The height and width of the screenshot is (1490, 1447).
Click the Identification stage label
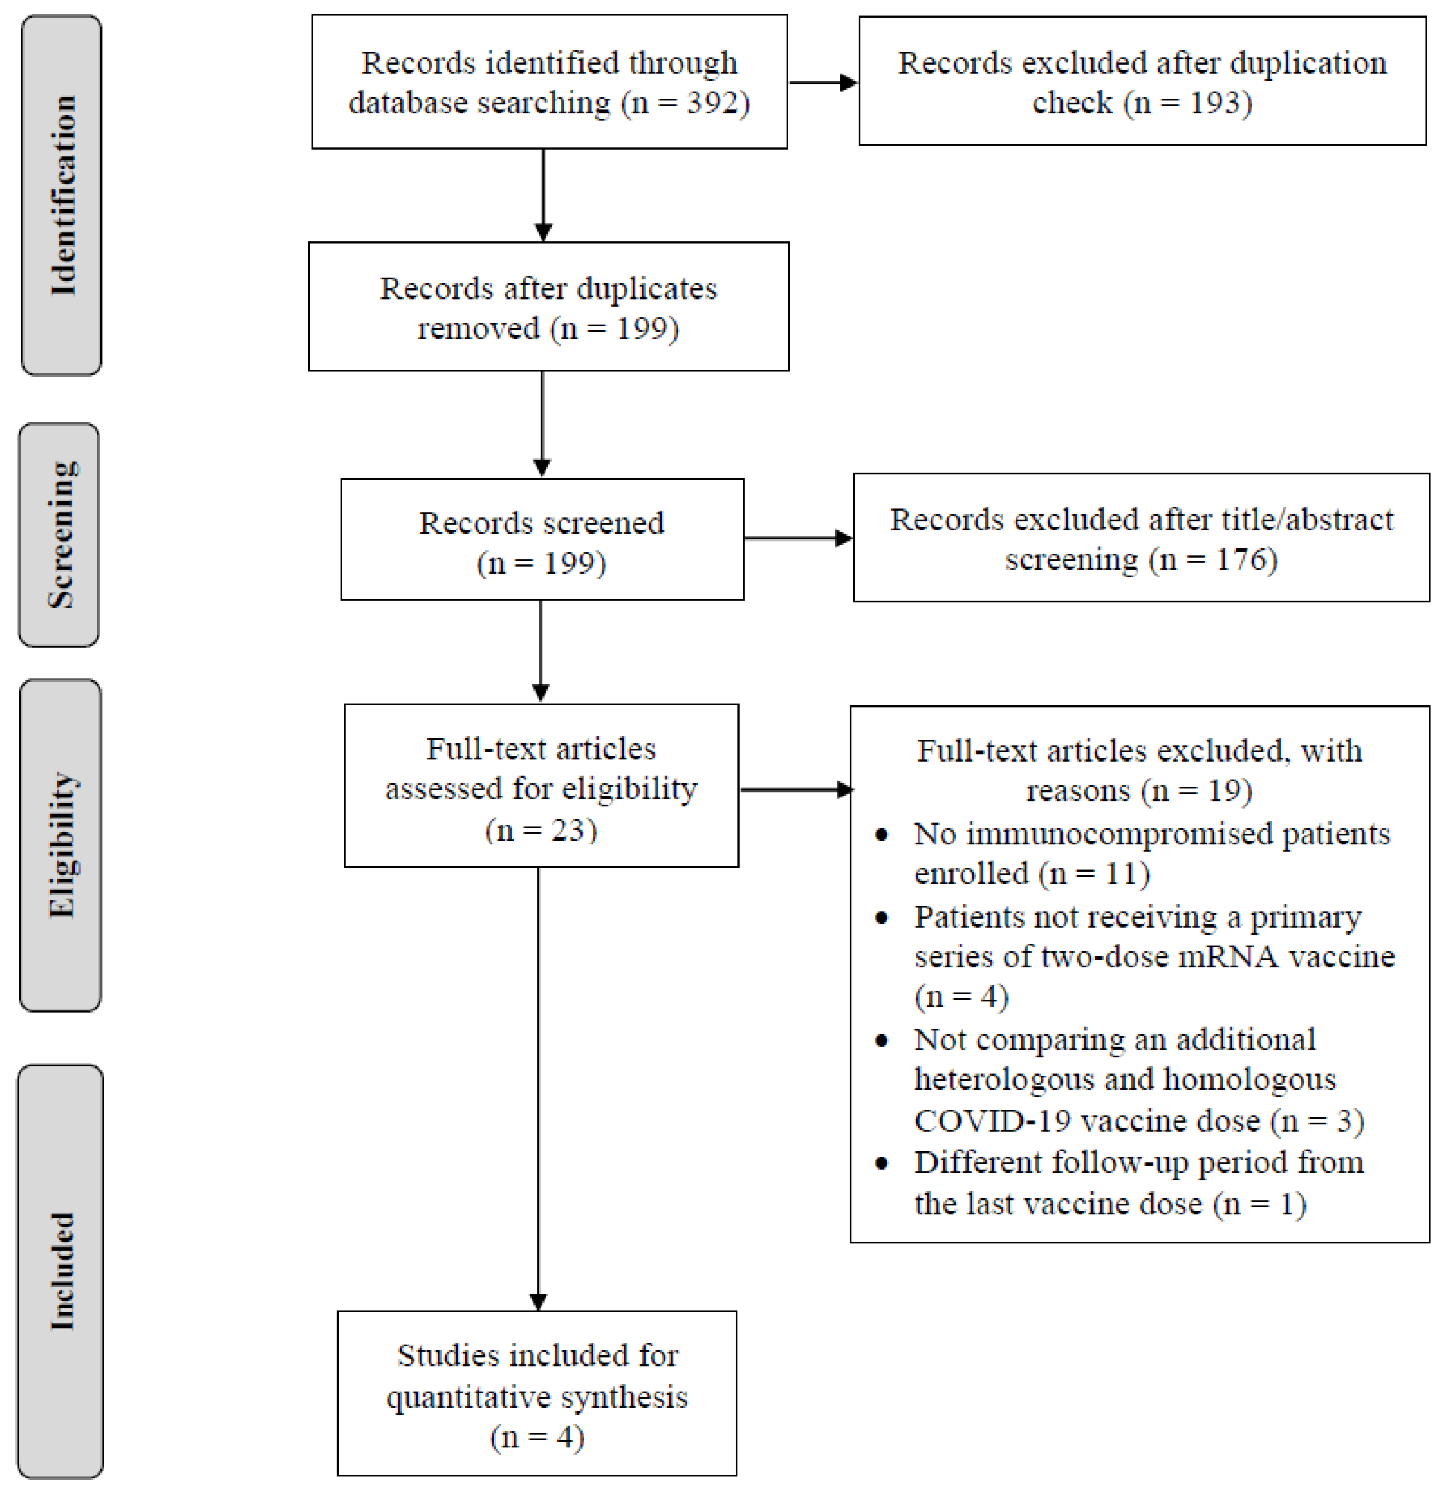click(62, 195)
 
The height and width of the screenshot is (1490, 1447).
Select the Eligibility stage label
click(61, 844)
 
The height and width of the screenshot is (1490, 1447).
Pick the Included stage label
click(61, 1271)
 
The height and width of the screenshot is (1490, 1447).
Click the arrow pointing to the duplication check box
click(824, 82)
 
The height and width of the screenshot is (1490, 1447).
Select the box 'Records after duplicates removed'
click(548, 307)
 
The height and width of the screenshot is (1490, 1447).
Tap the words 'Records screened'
click(541, 523)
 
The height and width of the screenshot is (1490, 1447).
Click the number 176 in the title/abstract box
click(1242, 560)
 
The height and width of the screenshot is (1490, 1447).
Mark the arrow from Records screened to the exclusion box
click(798, 538)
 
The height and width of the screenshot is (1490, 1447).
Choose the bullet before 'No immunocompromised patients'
click(882, 835)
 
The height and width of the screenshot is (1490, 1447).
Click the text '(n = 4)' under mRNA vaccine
click(961, 997)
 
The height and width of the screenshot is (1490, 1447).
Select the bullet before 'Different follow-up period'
click(882, 1164)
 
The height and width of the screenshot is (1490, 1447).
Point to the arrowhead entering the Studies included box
click(538, 1302)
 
